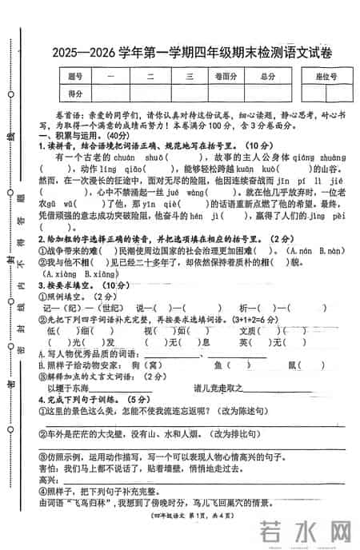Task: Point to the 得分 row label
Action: click(x=76, y=94)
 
